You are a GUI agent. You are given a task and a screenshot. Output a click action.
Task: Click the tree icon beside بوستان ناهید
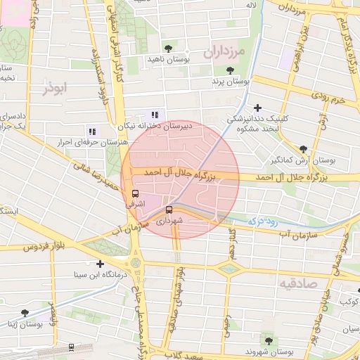(167, 48)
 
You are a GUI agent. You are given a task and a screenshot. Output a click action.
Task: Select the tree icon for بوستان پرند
(230, 70)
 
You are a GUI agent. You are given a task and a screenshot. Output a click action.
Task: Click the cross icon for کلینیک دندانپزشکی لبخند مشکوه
(259, 108)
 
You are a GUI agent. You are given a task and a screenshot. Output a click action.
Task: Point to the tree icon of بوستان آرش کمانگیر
(303, 149)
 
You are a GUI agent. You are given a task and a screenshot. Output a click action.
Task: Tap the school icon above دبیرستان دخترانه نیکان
(155, 115)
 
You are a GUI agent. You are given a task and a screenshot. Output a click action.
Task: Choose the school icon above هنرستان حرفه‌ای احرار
(91, 131)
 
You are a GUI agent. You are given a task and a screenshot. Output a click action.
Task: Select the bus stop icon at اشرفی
(135, 193)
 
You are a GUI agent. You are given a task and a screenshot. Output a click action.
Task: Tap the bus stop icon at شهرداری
(169, 210)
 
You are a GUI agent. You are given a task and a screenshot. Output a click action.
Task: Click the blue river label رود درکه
(263, 221)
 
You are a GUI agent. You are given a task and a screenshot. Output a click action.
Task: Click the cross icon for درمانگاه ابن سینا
(101, 264)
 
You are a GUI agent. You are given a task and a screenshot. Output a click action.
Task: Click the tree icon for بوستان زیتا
(25, 313)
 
